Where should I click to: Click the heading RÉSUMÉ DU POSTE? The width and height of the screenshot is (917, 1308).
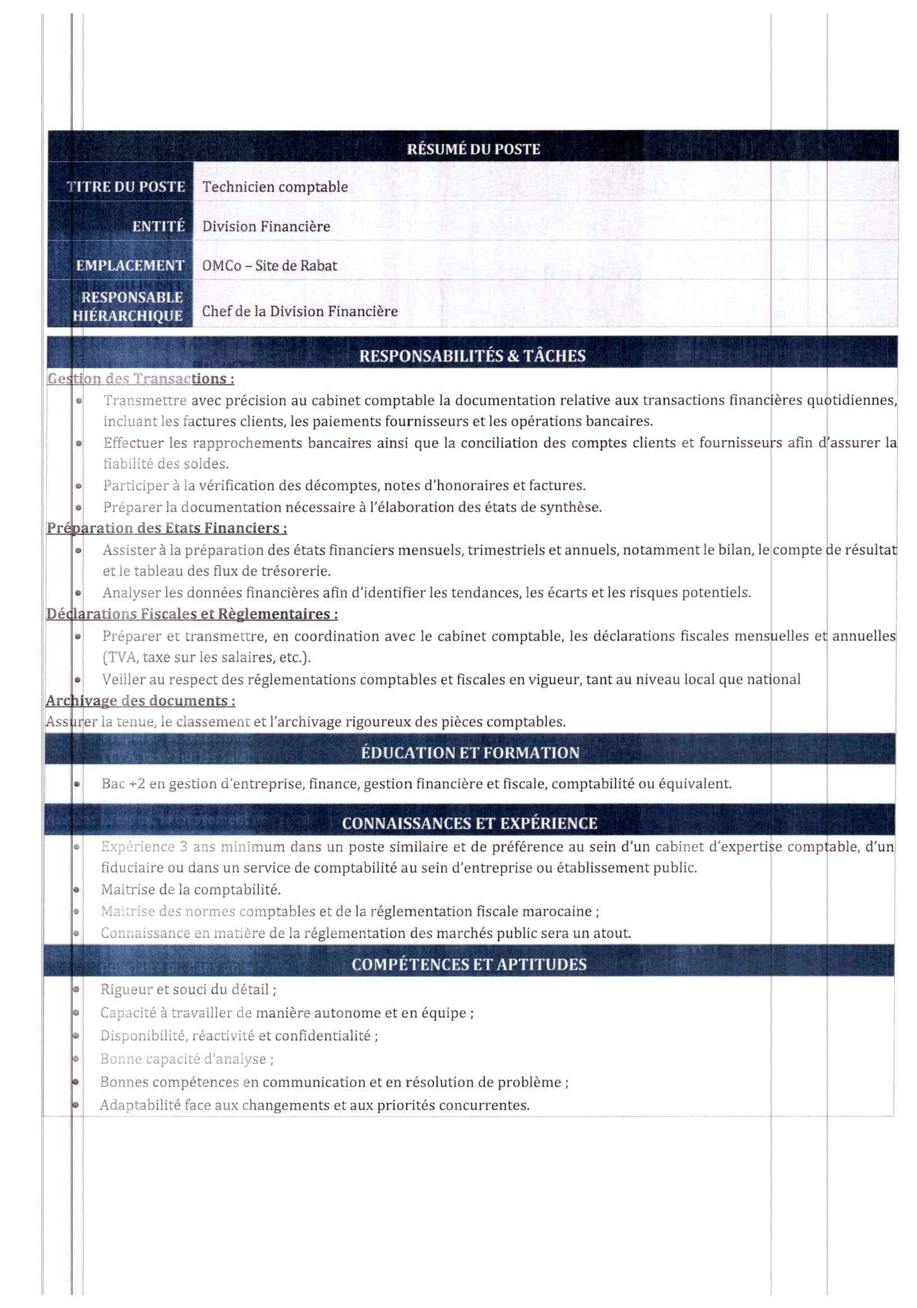coord(473,149)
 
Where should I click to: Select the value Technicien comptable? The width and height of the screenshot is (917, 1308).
coord(274,187)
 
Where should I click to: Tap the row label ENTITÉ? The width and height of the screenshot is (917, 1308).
coord(158,227)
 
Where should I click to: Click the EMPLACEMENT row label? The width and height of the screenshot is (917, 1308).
coord(130,265)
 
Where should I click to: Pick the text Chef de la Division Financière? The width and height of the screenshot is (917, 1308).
coord(300,311)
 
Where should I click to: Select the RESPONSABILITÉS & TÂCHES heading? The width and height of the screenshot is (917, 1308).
coord(472,356)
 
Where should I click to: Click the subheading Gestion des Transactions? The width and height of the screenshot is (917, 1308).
coord(140,379)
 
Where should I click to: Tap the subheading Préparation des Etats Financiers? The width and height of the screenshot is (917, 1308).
coord(167,528)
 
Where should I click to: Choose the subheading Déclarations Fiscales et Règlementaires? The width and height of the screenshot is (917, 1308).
coord(191,614)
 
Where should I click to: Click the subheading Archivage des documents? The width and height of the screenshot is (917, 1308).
coord(140,701)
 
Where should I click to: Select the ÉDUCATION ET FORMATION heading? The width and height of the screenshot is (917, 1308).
coord(470,752)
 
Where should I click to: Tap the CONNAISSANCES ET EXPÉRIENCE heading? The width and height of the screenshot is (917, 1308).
coord(470,823)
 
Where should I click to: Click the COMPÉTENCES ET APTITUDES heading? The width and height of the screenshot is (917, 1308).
coord(469,965)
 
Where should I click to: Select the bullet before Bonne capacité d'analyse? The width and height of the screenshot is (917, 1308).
coord(75,1058)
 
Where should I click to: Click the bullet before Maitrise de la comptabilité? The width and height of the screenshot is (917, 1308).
coord(76,889)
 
